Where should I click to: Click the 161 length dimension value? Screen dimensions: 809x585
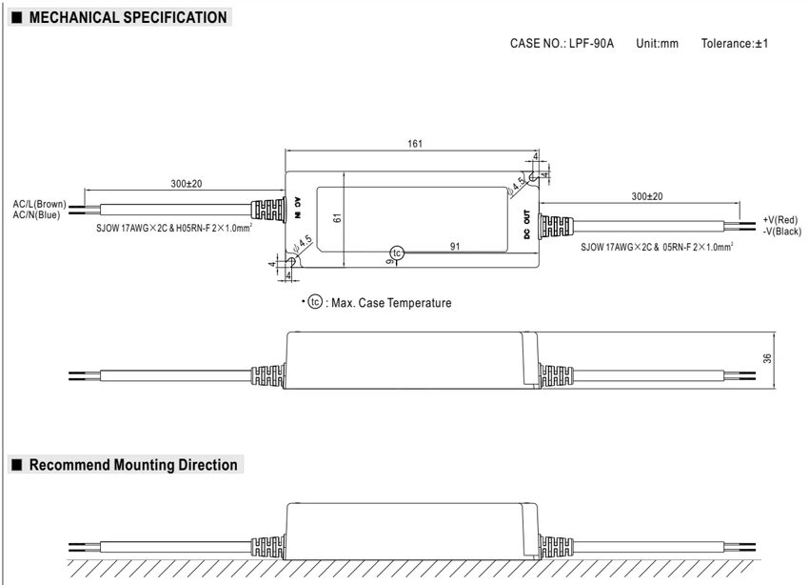point(415,144)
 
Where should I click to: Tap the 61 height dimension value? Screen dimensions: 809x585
point(338,218)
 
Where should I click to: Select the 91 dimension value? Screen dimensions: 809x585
point(455,246)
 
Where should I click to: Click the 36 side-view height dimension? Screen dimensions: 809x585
point(767,358)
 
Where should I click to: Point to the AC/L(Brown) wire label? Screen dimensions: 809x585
point(40,204)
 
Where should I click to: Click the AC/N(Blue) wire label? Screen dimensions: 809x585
point(36,214)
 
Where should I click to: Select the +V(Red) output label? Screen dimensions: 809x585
point(780,220)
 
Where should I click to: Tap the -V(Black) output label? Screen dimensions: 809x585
point(782,232)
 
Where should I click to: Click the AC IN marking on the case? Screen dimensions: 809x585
point(298,208)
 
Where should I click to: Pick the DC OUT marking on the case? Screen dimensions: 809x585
point(526,224)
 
